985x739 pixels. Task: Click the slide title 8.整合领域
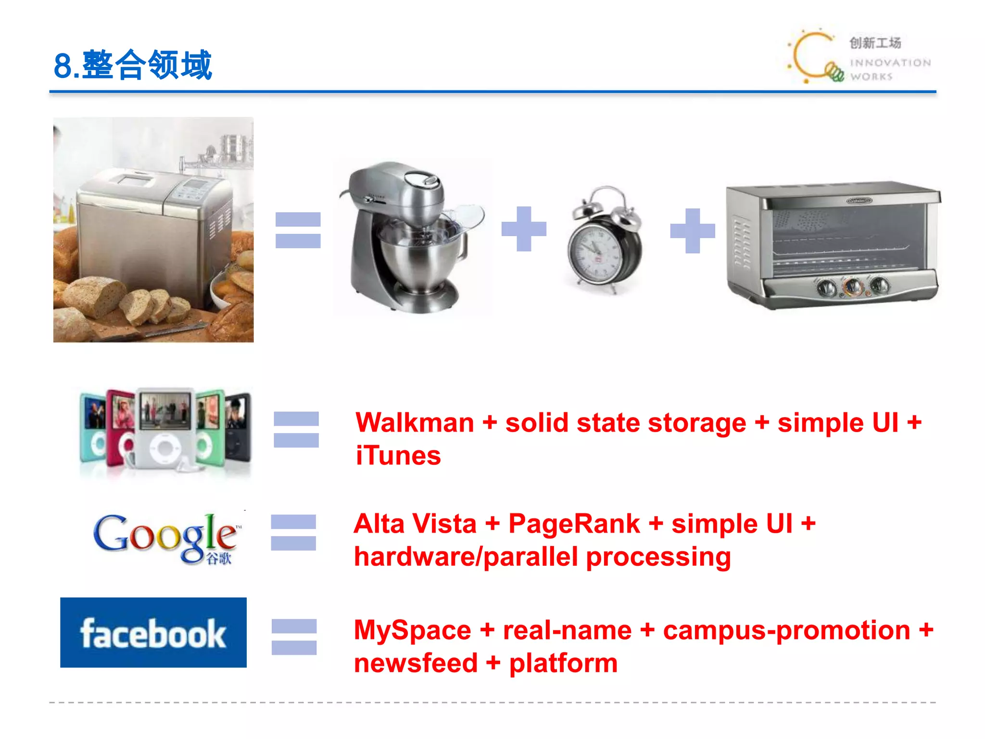(x=133, y=65)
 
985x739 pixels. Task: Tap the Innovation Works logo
(x=859, y=57)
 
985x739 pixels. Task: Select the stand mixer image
(x=412, y=238)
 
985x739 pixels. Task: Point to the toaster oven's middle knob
(x=853, y=287)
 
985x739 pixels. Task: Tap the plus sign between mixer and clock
(x=524, y=229)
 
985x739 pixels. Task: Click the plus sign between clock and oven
(x=693, y=230)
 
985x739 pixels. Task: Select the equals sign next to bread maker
(x=298, y=230)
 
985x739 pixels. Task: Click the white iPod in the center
(x=165, y=428)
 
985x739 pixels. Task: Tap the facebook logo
(x=153, y=633)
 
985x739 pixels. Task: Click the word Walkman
(x=415, y=423)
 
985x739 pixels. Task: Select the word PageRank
(x=574, y=524)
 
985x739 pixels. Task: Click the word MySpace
(x=413, y=630)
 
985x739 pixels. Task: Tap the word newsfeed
(x=416, y=663)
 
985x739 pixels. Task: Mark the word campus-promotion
(x=786, y=630)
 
